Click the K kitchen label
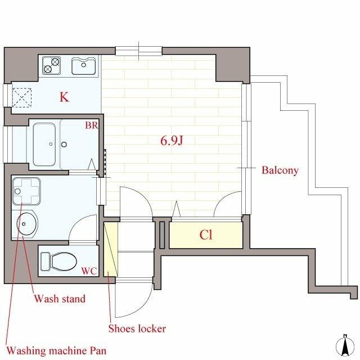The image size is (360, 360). coord(64,97)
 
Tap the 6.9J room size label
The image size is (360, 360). coord(172,140)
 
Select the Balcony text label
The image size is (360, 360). coord(280,170)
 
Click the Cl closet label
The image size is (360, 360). coord(206,235)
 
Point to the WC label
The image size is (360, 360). coord(89,271)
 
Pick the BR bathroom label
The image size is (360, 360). coord(92,125)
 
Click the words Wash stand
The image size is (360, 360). coord(60,299)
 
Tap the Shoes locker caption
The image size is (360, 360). coord(137,328)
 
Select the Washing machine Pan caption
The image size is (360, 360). coord(56,350)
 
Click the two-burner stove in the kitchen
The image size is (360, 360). coord(51,65)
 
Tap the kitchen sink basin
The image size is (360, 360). coord(84,66)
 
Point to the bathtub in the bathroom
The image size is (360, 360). coord(44,144)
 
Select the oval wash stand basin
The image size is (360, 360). coord(27,224)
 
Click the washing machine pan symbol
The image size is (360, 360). coord(26,191)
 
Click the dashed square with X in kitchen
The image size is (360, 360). coord(21,97)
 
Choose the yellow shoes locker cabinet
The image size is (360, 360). coord(111,249)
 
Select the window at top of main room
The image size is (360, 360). coord(139,51)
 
